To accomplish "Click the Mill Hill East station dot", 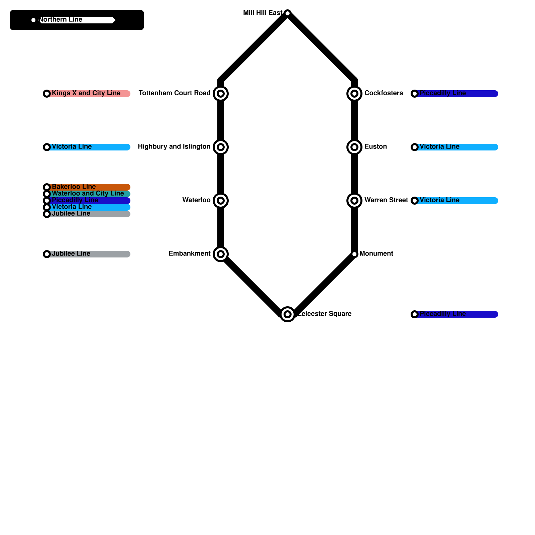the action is [288, 13].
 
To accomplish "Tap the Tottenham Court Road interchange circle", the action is [221, 94].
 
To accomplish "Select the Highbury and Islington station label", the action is [174, 147].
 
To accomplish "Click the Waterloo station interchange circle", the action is [221, 201].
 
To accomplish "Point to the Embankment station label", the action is [189, 254].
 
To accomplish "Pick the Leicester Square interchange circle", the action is [288, 314].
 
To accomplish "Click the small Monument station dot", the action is [354, 254].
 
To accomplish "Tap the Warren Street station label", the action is [386, 200].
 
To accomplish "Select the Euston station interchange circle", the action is [354, 147].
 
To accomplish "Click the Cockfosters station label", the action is [384, 93].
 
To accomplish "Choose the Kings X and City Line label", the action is [86, 93].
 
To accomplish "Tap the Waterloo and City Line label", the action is [88, 194].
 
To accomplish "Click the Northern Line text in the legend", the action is [61, 20].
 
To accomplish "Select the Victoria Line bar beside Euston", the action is [478, 147].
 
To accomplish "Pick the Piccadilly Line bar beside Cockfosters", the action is [481, 94].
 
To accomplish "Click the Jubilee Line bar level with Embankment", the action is [110, 254].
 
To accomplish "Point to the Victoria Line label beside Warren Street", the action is [439, 200].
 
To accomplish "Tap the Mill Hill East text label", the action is [262, 13].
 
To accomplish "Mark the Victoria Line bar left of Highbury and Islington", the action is [110, 147].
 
